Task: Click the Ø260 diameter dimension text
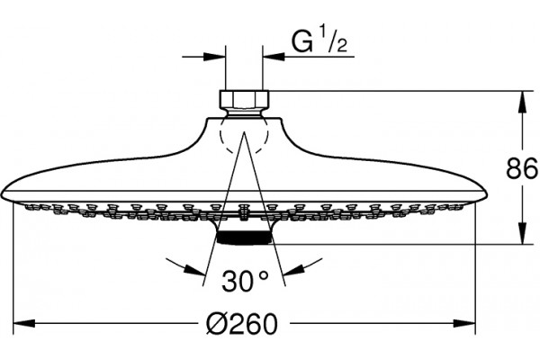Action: click(242, 324)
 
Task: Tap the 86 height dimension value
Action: click(522, 168)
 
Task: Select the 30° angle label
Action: click(245, 281)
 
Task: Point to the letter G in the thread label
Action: click(302, 42)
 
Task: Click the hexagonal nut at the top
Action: click(244, 100)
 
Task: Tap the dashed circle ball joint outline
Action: click(244, 135)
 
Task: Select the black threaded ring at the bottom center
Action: click(244, 238)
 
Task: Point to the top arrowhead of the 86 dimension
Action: click(522, 102)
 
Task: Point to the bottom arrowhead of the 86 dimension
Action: click(522, 233)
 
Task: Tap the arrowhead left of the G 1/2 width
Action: click(214, 57)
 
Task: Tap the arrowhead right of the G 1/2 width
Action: click(274, 57)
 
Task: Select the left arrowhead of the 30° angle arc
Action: click(195, 269)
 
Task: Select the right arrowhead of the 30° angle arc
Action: click(293, 269)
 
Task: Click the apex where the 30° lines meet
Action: click(244, 131)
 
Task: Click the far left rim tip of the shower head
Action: click(2, 195)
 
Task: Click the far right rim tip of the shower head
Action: click(487, 195)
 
